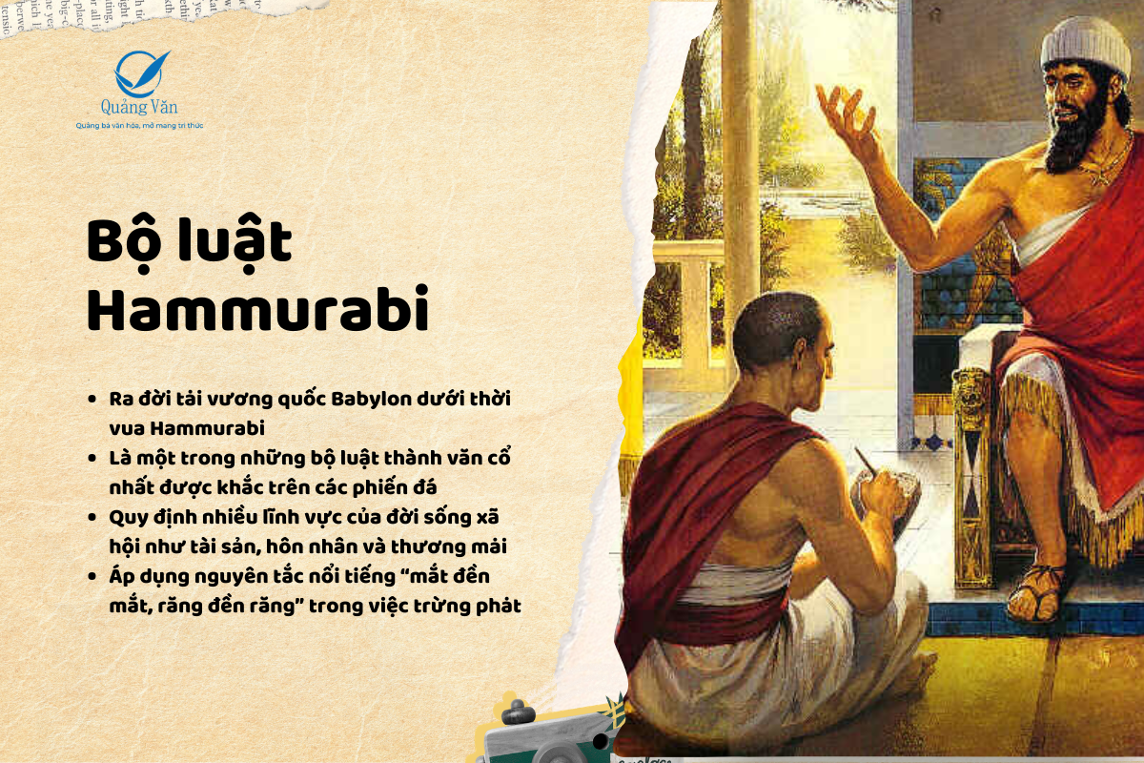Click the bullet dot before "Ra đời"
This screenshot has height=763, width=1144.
tap(92, 399)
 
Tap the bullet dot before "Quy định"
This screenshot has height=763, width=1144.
tap(92, 517)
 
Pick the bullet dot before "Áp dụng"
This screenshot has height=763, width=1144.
tap(92, 576)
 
